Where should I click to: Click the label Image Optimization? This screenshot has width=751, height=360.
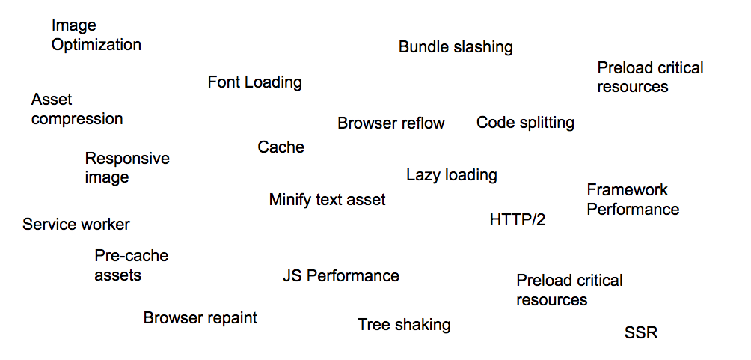pos(96,35)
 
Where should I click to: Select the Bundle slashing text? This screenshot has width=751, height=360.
pos(456,47)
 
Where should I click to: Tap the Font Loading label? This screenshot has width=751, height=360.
pos(254,82)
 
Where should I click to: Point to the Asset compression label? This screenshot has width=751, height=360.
pos(77,109)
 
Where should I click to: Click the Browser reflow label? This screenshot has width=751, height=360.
pos(391,123)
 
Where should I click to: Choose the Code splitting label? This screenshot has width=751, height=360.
pos(525,123)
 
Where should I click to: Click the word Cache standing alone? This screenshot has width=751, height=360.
pos(281,147)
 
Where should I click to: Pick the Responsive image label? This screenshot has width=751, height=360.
pos(127,168)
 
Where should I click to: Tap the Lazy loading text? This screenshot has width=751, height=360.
pos(452,175)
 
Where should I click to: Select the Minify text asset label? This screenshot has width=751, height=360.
pos(327,200)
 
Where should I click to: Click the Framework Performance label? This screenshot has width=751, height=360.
pos(633,200)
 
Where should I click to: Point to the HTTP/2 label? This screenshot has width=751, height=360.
pos(518,220)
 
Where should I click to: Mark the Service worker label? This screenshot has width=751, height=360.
pos(76,225)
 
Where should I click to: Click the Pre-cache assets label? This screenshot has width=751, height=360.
pos(131,266)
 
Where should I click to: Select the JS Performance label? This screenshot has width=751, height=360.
pos(340,276)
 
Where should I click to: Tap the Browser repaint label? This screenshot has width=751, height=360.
pos(200,318)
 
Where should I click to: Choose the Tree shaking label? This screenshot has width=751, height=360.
pos(404,325)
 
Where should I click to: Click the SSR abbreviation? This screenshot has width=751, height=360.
pos(641,333)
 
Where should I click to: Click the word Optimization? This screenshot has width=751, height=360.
pos(96,45)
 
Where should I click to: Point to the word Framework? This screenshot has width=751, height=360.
pos(627,190)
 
